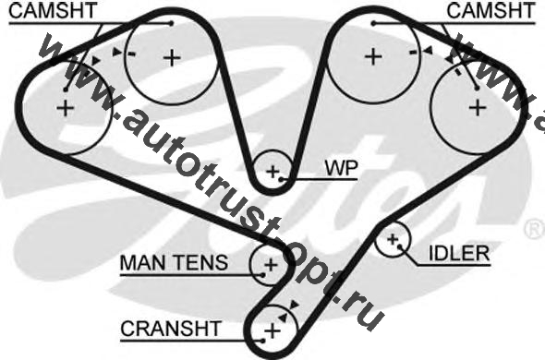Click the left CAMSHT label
point(53,10)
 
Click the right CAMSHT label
point(491,10)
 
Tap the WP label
point(342,168)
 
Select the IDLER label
point(459,253)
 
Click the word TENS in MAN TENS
point(200,263)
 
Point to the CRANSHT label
point(171,328)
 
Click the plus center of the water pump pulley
point(272,171)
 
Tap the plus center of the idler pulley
point(393,239)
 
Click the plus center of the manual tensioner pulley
point(271,265)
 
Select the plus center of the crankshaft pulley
point(272,330)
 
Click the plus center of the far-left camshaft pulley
point(66,108)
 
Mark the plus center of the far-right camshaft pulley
point(478,107)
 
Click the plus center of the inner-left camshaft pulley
point(172,57)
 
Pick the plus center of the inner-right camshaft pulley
point(373,56)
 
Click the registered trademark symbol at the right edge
point(535,229)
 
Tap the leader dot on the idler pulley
point(400,246)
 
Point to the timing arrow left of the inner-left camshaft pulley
point(117,52)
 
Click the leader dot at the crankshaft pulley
point(263,341)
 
